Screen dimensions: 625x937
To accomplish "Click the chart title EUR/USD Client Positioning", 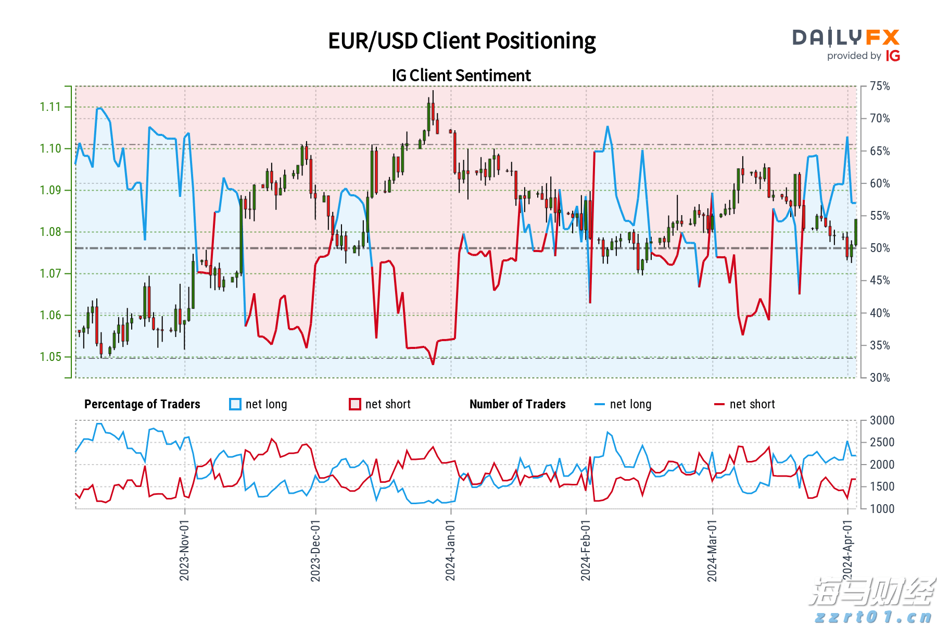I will click(x=462, y=41).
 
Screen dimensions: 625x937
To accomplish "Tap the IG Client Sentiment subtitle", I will click(x=461, y=76).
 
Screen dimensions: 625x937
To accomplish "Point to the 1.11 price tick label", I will click(x=50, y=107).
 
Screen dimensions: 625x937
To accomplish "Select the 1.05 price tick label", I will click(x=50, y=357).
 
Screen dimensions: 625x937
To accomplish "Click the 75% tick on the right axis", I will click(x=880, y=86).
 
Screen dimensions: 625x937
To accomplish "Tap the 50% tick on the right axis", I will click(x=880, y=248).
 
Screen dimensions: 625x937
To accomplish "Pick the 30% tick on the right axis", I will click(x=880, y=378).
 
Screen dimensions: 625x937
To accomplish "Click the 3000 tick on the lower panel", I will click(x=882, y=421).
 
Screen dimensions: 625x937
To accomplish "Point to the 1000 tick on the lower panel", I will click(x=882, y=509).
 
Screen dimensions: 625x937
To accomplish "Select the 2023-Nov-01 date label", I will click(x=184, y=549).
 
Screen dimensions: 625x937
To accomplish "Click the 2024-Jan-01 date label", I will click(x=450, y=549).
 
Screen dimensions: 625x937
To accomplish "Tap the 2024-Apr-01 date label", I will click(x=847, y=549).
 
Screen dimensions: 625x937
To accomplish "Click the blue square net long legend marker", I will click(x=235, y=404).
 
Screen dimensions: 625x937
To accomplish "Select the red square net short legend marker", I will click(x=355, y=404).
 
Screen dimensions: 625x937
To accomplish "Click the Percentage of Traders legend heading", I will click(x=142, y=404).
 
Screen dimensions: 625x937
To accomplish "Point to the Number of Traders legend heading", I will click(x=517, y=404).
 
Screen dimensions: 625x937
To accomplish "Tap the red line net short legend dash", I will click(x=719, y=404).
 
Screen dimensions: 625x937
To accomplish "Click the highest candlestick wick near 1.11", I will click(x=433, y=92).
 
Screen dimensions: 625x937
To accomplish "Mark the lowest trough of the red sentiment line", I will click(x=433, y=364).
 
